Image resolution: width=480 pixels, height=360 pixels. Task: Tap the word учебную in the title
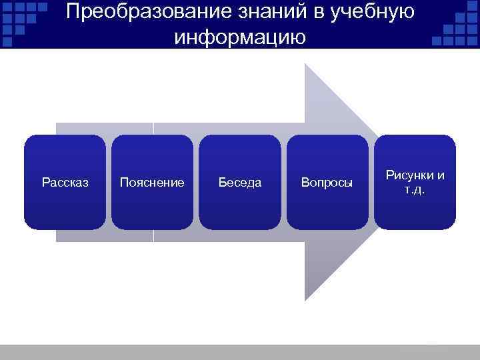pyautogui.click(x=369, y=12)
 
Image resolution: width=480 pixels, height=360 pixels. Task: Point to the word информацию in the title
pyautogui.click(x=240, y=37)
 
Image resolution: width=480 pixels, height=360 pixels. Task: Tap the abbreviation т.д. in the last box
pyautogui.click(x=415, y=189)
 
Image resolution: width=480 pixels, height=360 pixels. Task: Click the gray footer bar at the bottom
pyautogui.click(x=240, y=352)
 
